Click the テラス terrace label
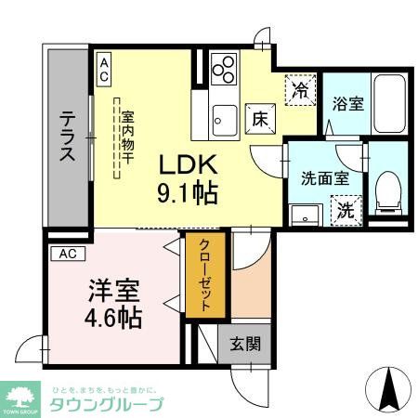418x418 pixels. pyautogui.click(x=69, y=137)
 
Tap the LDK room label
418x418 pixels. pyautogui.click(x=191, y=165)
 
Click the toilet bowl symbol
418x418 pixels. pyautogui.click(x=387, y=190)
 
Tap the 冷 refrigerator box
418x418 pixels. pyautogui.click(x=300, y=90)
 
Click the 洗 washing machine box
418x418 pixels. pyautogui.click(x=345, y=210)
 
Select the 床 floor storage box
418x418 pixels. pyautogui.click(x=258, y=119)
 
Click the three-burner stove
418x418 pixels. pyautogui.click(x=223, y=70)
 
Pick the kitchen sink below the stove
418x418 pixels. pyautogui.click(x=224, y=117)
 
